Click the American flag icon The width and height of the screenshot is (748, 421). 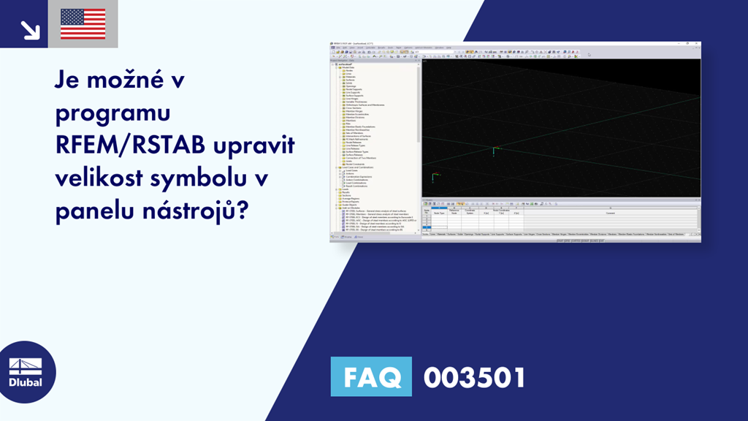pos(83,23)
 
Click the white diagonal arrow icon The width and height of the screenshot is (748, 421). pos(30,29)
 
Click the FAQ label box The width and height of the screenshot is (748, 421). pos(371,378)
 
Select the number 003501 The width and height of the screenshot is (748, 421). pos(474,378)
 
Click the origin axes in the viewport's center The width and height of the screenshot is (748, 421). pos(495,152)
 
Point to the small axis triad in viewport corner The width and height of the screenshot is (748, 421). pos(434,177)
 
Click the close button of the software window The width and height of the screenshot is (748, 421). pos(698,44)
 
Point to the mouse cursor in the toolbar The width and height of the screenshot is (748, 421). pos(589,54)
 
